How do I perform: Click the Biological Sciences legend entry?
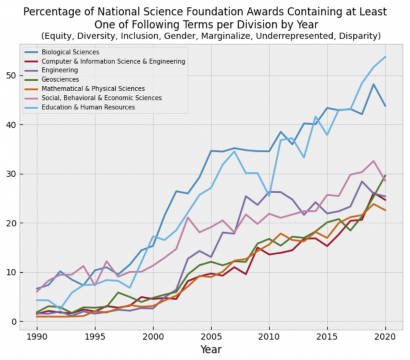click(70, 52)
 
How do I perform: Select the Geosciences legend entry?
click(60, 80)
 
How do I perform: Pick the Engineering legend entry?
click(60, 70)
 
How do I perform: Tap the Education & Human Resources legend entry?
click(88, 107)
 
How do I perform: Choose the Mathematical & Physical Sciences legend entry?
click(93, 89)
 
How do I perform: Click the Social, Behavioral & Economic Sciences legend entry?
click(101, 98)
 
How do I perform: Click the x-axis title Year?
click(211, 350)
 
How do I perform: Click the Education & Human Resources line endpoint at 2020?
click(385, 56)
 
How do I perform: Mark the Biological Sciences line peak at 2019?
click(374, 84)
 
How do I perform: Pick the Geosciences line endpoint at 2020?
click(385, 175)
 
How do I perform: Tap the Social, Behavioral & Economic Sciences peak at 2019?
click(374, 161)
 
